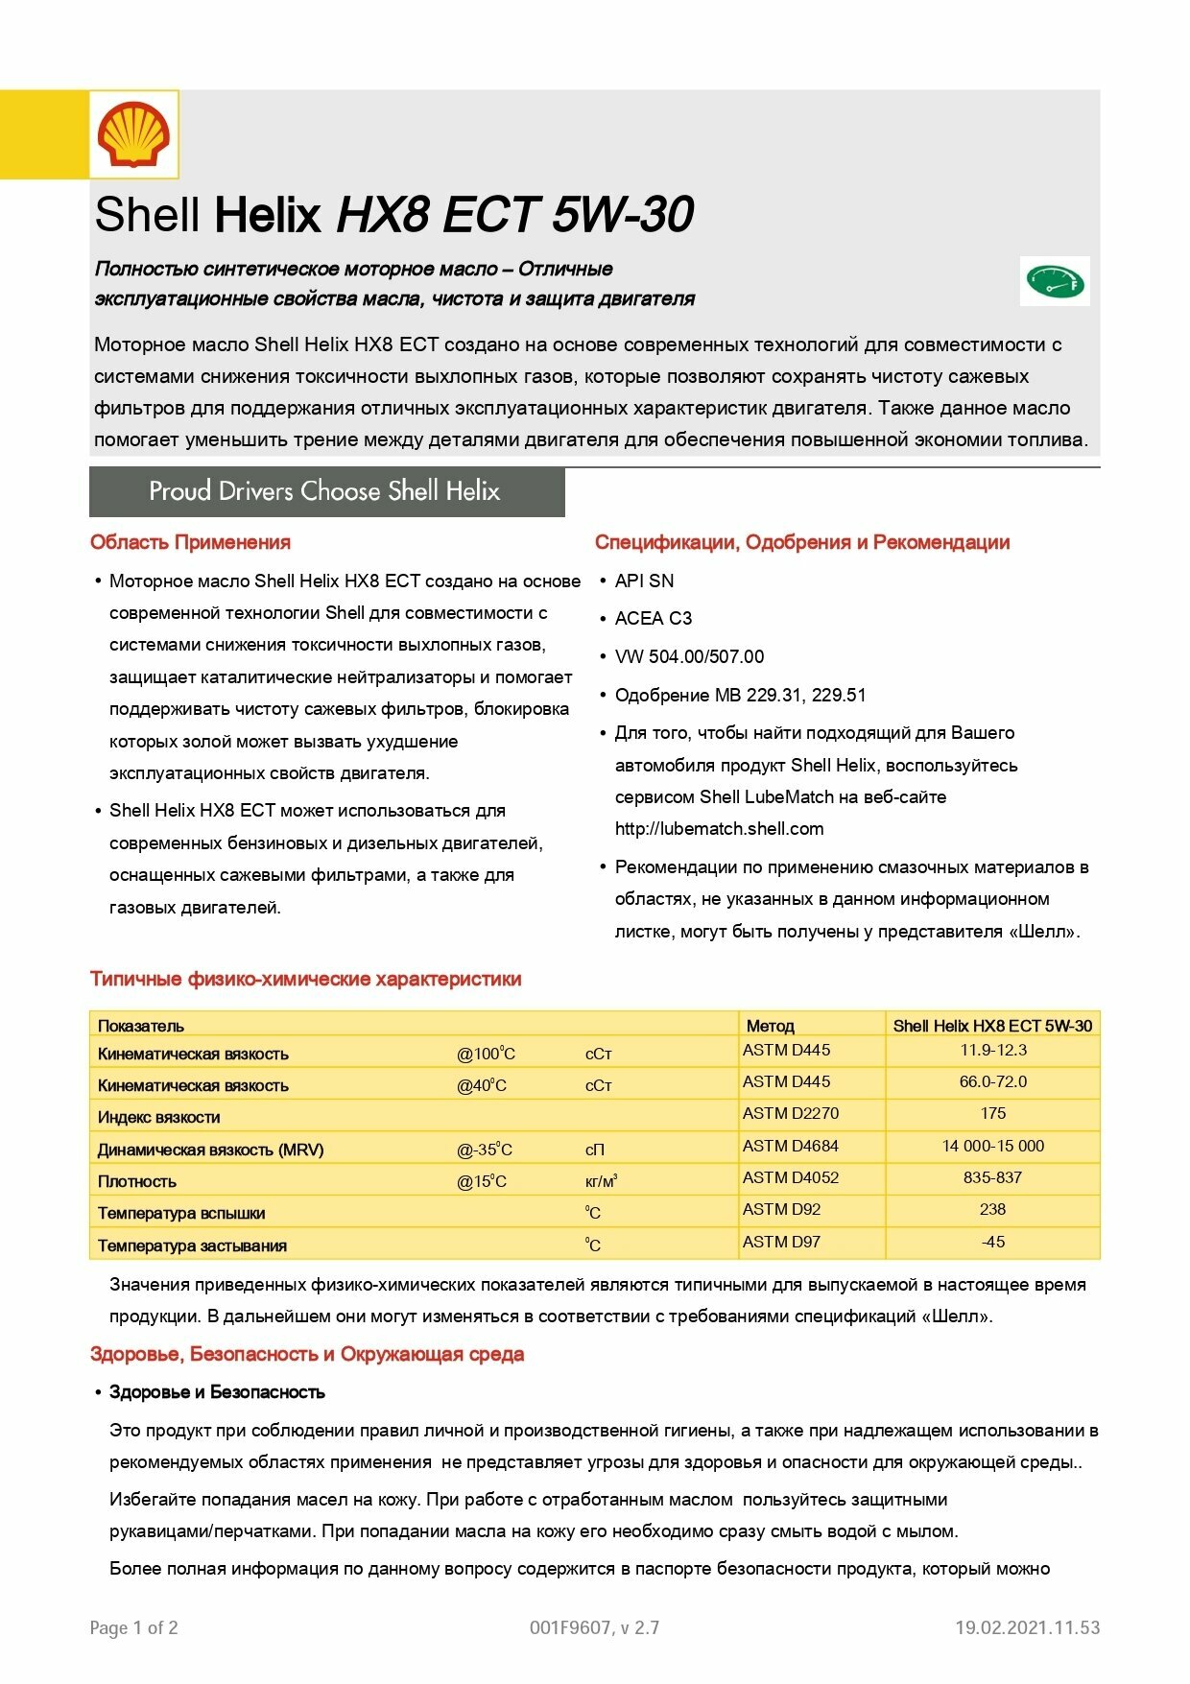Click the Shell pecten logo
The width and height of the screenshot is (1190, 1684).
[x=133, y=134]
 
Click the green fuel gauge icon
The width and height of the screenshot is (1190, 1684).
[x=1055, y=281]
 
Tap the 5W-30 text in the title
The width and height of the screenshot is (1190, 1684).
[x=623, y=214]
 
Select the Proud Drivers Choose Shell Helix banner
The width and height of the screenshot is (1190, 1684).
[x=326, y=491]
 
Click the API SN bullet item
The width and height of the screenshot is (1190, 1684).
[x=644, y=581]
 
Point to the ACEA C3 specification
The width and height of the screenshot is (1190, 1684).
[x=653, y=618]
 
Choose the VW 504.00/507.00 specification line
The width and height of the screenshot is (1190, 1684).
[x=689, y=656]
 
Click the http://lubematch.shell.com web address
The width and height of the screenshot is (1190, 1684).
[x=719, y=828]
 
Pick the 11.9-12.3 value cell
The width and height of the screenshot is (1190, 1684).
[x=992, y=1050]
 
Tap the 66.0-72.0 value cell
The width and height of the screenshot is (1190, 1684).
[x=992, y=1081]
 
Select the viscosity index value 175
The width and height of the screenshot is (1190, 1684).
[x=992, y=1113]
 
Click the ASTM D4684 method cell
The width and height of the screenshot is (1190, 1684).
[x=790, y=1146]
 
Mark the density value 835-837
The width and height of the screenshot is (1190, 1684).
[x=992, y=1177]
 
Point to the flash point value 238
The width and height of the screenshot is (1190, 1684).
[x=992, y=1209]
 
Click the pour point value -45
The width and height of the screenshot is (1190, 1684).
[x=992, y=1242]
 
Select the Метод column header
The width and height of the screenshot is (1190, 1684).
[x=770, y=1025]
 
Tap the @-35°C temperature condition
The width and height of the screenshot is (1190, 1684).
[x=484, y=1150]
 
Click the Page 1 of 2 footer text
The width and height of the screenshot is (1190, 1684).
[x=133, y=1627]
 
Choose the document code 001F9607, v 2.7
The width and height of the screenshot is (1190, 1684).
[x=594, y=1627]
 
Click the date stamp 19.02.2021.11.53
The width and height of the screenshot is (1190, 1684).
[x=1027, y=1627]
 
